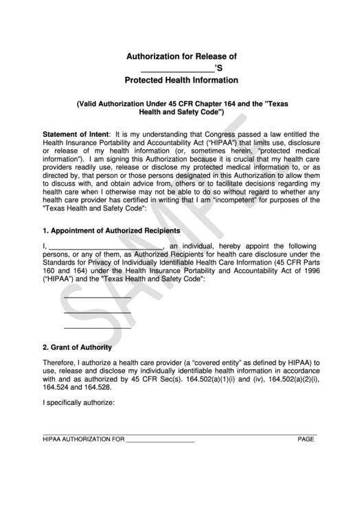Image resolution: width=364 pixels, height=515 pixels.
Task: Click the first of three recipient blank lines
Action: [x=97, y=296]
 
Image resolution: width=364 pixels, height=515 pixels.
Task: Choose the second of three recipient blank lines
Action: [x=97, y=312]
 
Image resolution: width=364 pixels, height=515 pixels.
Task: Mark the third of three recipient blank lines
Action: [x=97, y=328]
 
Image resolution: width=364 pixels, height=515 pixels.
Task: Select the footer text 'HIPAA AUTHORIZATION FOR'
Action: [x=83, y=439]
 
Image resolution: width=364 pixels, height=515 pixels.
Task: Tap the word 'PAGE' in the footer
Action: [x=306, y=439]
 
